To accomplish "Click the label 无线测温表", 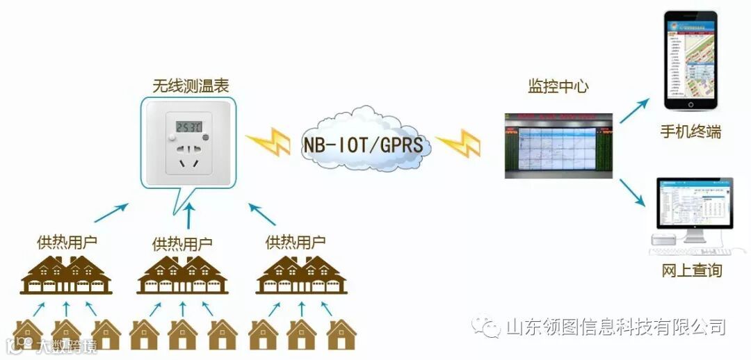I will pos(190,85).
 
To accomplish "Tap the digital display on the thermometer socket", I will pos(188,127).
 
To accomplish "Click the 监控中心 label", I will pos(558,86).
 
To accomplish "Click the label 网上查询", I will pos(691,270).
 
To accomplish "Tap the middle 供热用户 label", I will pos(182,244).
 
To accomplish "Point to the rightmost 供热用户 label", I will pos(296,243).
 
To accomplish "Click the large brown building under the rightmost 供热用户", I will pos(301,275).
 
